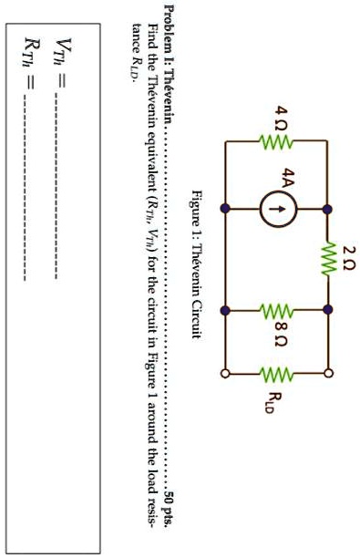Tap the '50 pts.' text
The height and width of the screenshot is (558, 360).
[169, 520]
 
